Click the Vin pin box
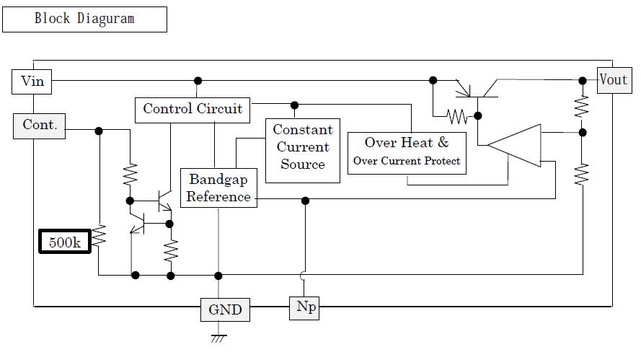point(32,82)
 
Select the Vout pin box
point(614,80)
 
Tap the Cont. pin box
point(39,126)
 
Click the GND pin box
point(225,309)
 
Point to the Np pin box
point(304,308)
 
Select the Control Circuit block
point(193,110)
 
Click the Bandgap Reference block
point(218,188)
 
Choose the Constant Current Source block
point(303,151)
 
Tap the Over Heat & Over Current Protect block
point(407,153)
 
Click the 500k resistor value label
point(65,242)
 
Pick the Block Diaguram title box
point(84,19)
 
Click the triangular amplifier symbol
point(514,145)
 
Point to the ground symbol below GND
point(218,338)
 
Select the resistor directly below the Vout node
point(582,106)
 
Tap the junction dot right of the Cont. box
point(99,131)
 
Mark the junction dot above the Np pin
point(305,201)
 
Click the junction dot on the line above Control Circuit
point(198,81)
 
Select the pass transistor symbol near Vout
point(477,90)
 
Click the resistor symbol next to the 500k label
point(99,236)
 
